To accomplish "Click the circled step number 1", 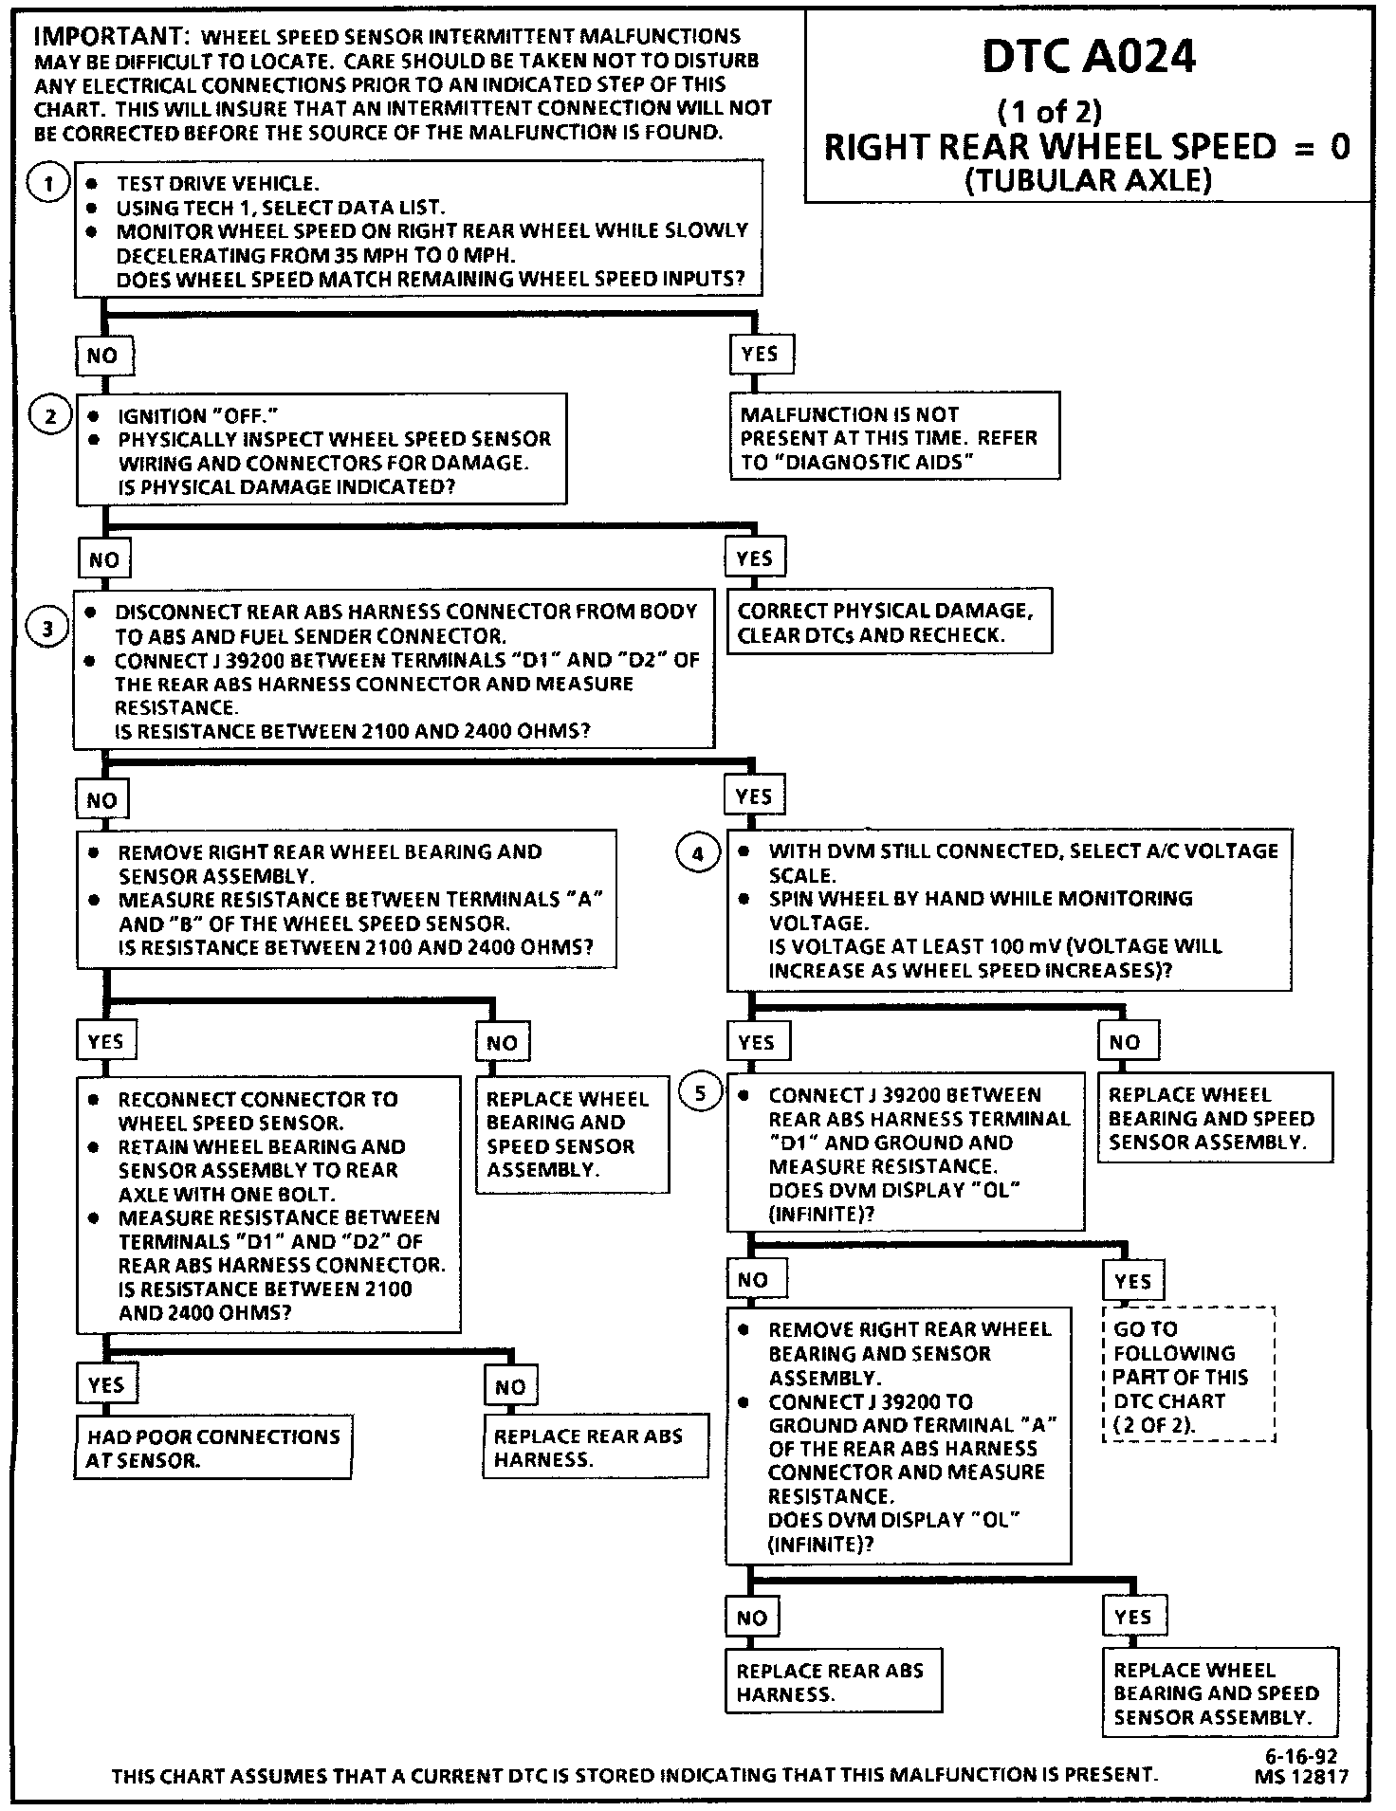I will point(47,182).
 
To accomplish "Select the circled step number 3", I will point(47,627).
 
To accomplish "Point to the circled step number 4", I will point(698,853).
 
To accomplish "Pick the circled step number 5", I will point(700,1094).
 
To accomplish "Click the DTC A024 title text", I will point(1088,59).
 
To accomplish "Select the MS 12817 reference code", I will point(1300,1778).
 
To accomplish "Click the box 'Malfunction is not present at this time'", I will point(894,438).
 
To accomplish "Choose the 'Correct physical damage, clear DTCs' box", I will point(890,623).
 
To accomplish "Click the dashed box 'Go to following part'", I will point(1188,1376).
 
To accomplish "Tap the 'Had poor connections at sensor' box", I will point(213,1448).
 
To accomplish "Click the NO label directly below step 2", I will point(104,559).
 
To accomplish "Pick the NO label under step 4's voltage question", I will point(1125,1042).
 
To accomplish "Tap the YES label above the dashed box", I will point(1133,1282).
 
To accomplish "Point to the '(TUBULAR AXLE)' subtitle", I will point(1088,180).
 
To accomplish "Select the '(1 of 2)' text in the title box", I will point(1049,112).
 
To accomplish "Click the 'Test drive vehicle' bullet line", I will point(217,183).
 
